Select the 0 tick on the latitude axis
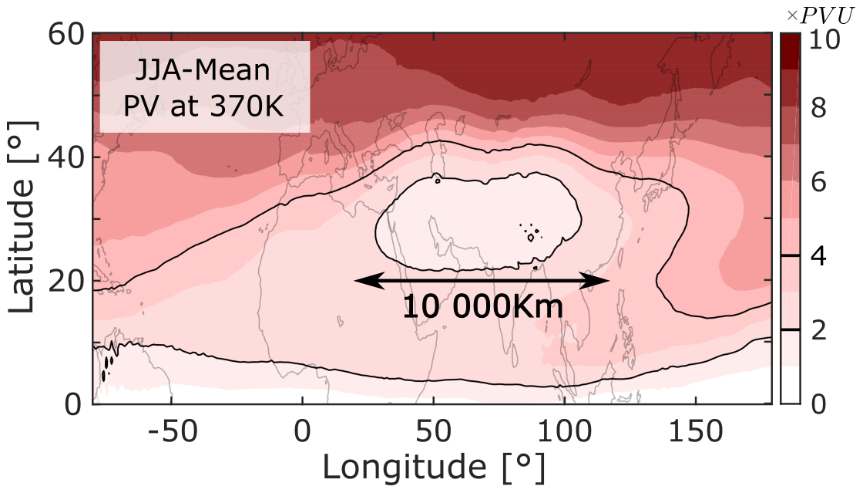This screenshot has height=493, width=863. click(x=76, y=404)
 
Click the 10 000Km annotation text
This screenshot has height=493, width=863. click(x=482, y=306)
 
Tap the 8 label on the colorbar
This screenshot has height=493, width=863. click(x=823, y=109)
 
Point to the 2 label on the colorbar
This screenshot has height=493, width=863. click(x=823, y=329)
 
